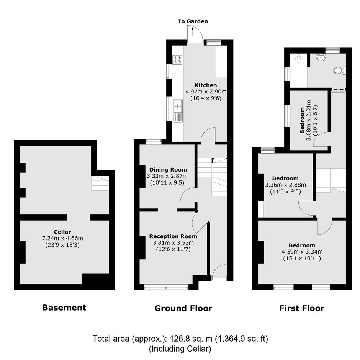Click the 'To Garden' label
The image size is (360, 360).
click(193, 21)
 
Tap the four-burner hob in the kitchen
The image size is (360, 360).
click(177, 60)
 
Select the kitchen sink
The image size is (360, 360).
click(177, 110)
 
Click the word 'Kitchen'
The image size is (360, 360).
click(206, 85)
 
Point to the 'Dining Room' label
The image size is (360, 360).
click(168, 170)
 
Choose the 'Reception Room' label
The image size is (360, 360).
click(173, 236)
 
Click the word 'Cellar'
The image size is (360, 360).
click(62, 232)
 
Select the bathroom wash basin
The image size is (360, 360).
click(321, 57)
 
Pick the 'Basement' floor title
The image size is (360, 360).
click(64, 308)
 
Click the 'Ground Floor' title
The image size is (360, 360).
click(183, 308)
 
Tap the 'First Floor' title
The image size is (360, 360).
click(302, 308)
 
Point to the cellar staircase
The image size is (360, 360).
click(100, 183)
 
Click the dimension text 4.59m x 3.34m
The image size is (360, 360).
click(302, 252)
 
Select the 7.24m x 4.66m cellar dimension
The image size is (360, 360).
click(62, 238)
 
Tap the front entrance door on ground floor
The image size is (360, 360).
click(219, 272)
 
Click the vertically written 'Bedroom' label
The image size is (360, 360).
click(302, 120)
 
